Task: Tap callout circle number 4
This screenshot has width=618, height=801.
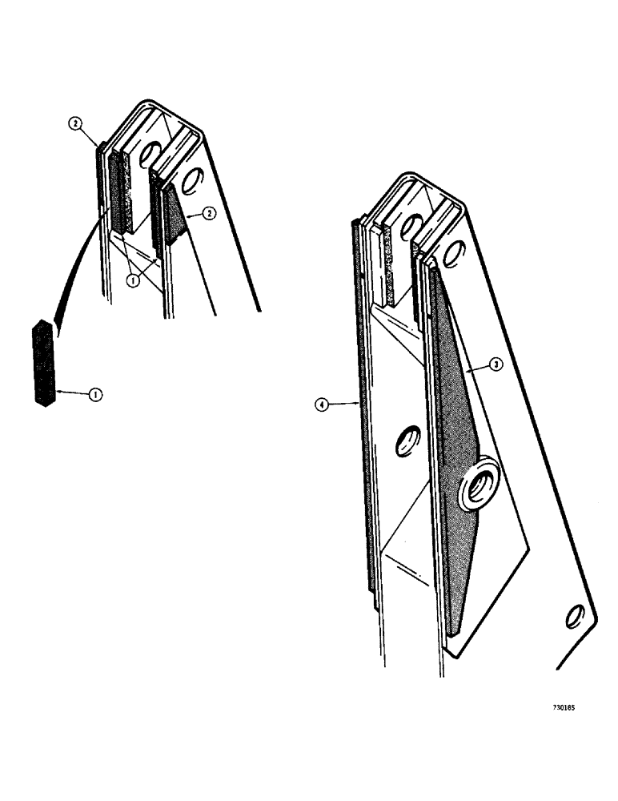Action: pyautogui.click(x=321, y=407)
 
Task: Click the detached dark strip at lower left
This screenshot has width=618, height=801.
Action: pyautogui.click(x=43, y=363)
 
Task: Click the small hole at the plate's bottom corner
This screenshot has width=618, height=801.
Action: pyautogui.click(x=574, y=617)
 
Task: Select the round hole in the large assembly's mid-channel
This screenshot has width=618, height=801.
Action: pyautogui.click(x=406, y=441)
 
